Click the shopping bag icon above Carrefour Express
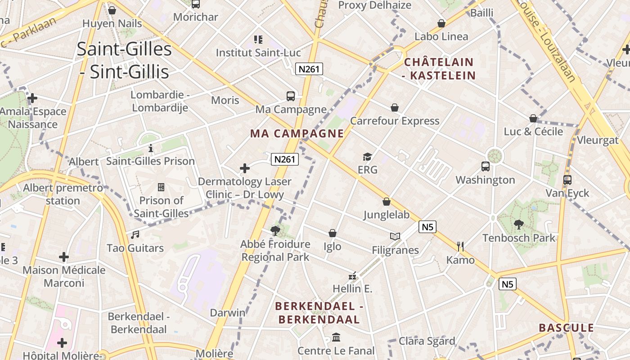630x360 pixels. click(395, 108)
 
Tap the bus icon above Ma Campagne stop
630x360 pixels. click(291, 96)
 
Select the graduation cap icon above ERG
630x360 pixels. click(368, 157)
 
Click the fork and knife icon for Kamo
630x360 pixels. click(460, 246)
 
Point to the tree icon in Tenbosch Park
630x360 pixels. click(518, 224)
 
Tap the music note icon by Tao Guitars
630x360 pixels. click(135, 234)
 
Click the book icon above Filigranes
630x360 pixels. click(395, 236)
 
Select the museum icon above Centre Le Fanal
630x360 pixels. click(336, 337)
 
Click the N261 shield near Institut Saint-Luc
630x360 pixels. click(309, 69)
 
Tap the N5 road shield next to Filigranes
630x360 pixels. click(427, 227)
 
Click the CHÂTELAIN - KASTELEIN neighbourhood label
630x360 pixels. click(439, 68)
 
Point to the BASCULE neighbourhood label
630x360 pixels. click(567, 328)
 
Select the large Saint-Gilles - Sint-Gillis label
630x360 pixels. click(124, 60)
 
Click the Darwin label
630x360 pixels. click(228, 312)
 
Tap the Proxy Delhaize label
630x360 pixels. click(374, 5)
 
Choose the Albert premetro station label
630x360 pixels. click(63, 194)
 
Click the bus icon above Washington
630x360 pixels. click(486, 166)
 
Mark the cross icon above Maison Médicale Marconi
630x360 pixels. click(64, 257)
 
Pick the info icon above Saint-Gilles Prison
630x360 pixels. click(151, 148)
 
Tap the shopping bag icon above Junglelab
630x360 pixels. click(386, 202)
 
